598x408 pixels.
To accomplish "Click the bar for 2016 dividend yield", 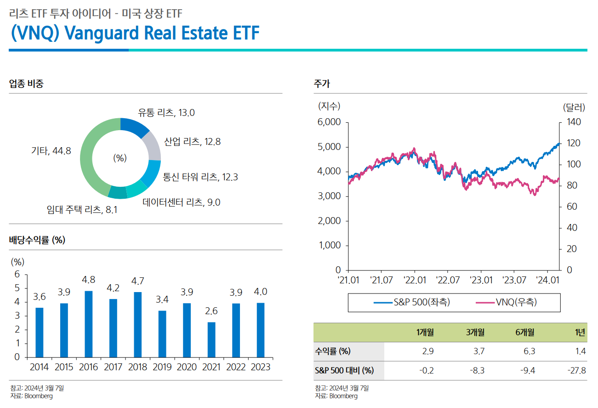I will (88, 324).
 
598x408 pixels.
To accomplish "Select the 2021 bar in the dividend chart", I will (211, 339).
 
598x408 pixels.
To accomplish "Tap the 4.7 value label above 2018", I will (137, 281).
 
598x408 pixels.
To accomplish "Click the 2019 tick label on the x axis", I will (162, 367).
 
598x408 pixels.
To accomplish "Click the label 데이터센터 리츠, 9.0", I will (181, 202).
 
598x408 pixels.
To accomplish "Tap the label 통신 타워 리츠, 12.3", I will (200, 177).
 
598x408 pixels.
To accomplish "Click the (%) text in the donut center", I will (120, 158).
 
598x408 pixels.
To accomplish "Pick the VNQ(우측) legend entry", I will (506, 302).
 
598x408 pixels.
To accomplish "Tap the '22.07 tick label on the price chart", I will (448, 280).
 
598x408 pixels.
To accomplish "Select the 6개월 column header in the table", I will (524, 332).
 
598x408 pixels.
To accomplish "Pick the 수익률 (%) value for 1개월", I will (427, 351).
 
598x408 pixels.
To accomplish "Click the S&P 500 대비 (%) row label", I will (344, 370).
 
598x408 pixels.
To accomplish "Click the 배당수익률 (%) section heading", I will (37, 240).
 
